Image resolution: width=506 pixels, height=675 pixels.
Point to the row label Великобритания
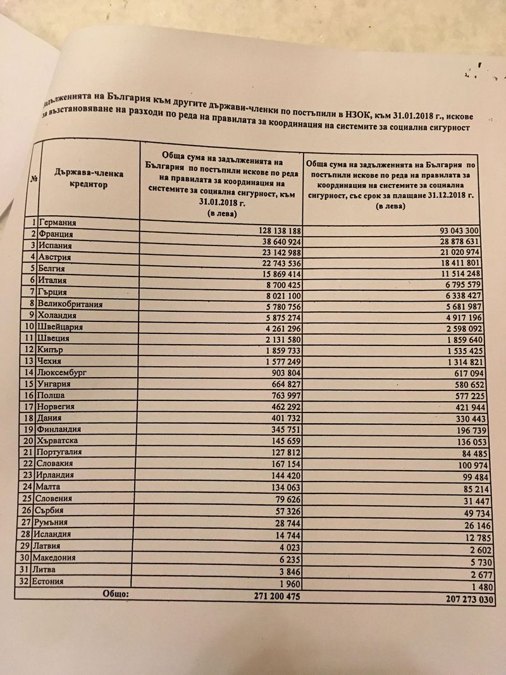(71, 304)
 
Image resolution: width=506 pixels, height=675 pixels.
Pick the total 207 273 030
(463, 599)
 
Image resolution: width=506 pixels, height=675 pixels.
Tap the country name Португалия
(66, 453)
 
